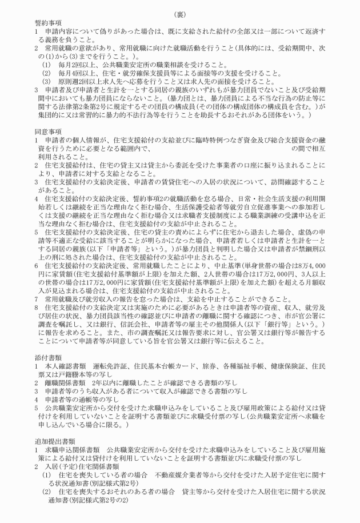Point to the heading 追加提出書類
[50, 449]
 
